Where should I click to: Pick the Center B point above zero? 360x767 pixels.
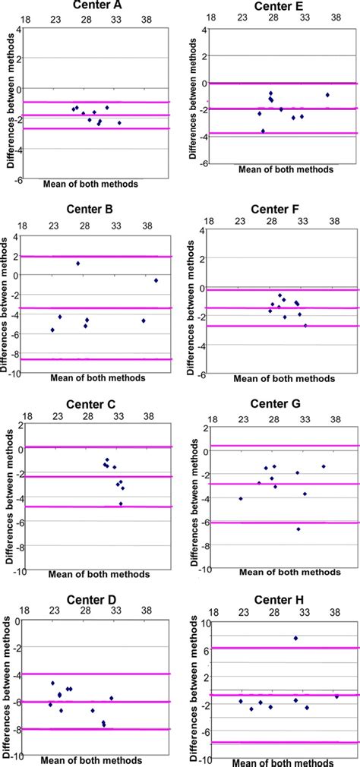pyautogui.click(x=78, y=264)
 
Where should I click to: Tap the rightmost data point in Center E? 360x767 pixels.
pyautogui.click(x=327, y=95)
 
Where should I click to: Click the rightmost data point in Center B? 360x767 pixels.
pyautogui.click(x=156, y=280)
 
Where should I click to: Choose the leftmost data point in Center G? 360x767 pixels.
pyautogui.click(x=241, y=499)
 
